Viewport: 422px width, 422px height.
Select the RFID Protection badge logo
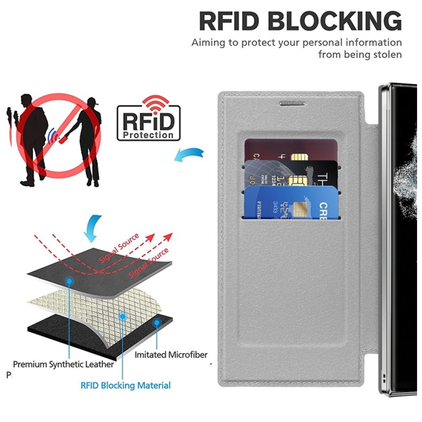click(149, 123)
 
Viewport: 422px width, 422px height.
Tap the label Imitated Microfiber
click(171, 354)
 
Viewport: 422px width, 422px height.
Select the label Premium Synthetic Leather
click(63, 364)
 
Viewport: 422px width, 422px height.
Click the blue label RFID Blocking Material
click(125, 386)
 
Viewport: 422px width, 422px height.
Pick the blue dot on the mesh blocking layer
click(122, 316)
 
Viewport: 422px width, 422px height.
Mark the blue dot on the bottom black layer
click(157, 323)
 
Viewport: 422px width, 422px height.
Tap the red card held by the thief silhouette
click(63, 140)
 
